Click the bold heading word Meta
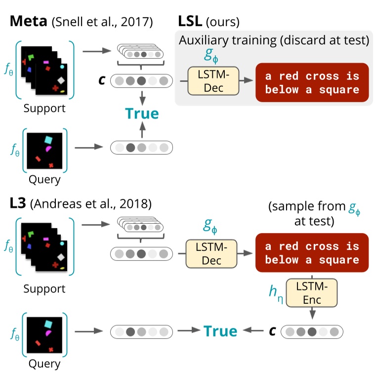tap(28, 21)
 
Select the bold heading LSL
tap(190, 21)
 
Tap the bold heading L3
tap(18, 203)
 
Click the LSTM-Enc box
tap(312, 293)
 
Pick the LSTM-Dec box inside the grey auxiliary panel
tap(213, 81)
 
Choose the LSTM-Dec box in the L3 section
tap(211, 253)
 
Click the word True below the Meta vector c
tap(142, 114)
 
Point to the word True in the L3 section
tap(220, 331)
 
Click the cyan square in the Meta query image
tap(48, 140)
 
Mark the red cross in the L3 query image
tap(51, 349)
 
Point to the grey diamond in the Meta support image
tap(61, 80)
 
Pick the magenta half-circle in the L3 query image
tap(48, 333)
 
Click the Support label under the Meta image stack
tap(44, 108)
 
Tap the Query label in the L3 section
tap(44, 364)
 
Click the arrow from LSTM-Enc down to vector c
tap(312, 313)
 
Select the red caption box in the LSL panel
tap(312, 83)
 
